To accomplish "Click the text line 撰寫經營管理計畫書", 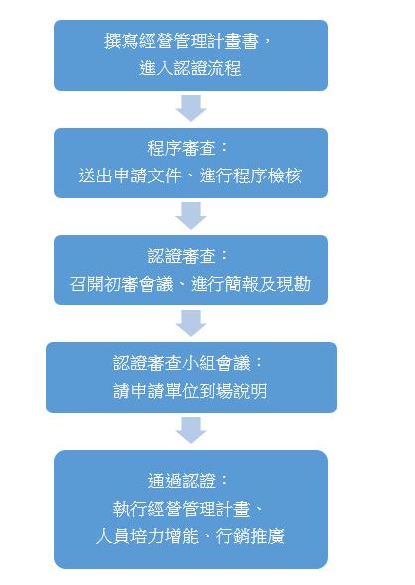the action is pos(182,41).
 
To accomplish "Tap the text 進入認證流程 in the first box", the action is pos(191,68).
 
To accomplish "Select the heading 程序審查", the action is pos(182,148).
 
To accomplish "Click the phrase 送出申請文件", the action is pos(130,175).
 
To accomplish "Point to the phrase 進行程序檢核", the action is pos(250,175).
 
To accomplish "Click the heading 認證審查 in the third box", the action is pos(182,256).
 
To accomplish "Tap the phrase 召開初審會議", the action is pos(121,284).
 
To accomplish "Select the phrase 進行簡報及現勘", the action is pos(250,284).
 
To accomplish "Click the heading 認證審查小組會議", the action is pos(182,363).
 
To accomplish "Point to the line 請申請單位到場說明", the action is pos(191,391).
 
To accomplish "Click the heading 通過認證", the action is pos(182,481).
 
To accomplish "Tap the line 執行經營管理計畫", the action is pos(182,509).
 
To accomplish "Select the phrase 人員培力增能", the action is pos(147,536).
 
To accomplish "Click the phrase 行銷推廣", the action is pos(250,536).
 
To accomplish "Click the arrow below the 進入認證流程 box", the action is pos(191,108).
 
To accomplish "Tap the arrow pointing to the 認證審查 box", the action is pos(191,215).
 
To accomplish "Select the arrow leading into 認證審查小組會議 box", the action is pos(191,323).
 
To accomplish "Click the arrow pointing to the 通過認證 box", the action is pos(191,430).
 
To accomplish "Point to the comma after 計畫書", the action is pos(266,43).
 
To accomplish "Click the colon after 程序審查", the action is pos(224,147).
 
